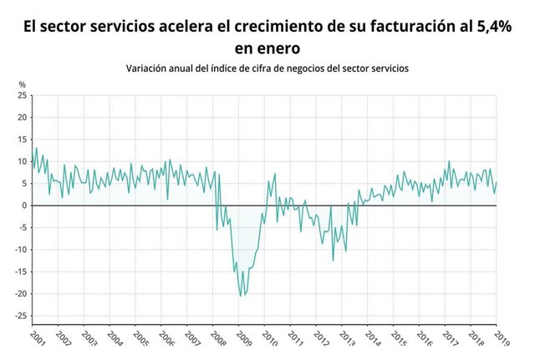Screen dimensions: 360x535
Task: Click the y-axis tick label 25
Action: click(x=23, y=95)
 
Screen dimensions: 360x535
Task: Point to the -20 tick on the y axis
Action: click(x=21, y=294)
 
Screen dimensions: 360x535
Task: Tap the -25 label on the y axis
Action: click(x=21, y=316)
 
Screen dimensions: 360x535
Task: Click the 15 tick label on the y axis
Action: click(x=23, y=139)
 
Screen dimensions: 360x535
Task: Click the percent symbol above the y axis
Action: click(x=23, y=84)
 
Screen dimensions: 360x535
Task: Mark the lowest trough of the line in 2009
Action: click(x=241, y=296)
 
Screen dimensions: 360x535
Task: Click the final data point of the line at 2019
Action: click(x=497, y=182)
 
